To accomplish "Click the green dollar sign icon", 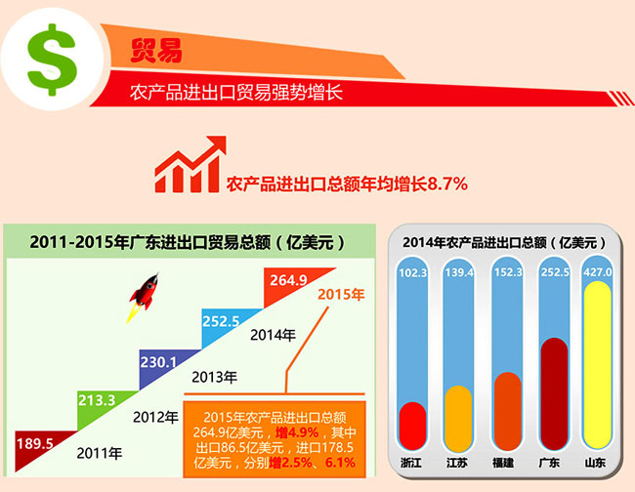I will pos(51,60).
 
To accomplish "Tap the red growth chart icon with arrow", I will pos(189,166).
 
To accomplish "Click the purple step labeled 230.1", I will pos(158,360).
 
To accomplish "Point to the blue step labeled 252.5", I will pos(221,319).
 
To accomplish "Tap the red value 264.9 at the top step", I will pos(289,281).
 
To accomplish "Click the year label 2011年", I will pos(102,452).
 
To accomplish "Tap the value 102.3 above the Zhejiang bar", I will pos(414,272).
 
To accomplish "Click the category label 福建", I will pos(504,461).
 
